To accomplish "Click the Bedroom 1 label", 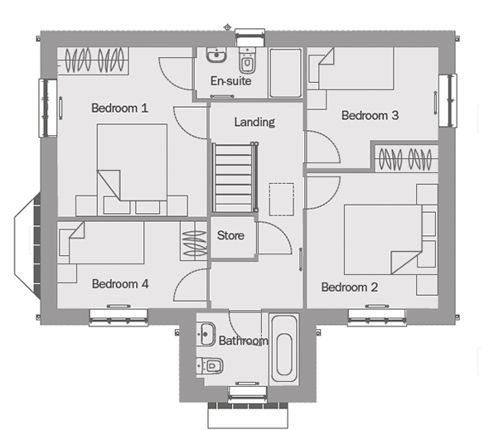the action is [x=119, y=109].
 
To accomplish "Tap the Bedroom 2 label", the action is [x=350, y=287].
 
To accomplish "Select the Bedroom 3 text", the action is [x=370, y=115].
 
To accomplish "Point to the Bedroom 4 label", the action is [x=120, y=284].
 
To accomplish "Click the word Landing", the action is [x=254, y=123].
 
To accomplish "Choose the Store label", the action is [x=230, y=235].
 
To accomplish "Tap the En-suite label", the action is [x=231, y=81].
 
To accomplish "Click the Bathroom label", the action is [x=243, y=341].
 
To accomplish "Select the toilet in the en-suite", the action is [x=247, y=60].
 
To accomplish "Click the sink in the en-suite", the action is [x=216, y=55].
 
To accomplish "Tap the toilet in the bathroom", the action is [x=211, y=365].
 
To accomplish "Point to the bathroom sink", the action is [x=206, y=334].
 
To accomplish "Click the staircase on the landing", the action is [x=235, y=177].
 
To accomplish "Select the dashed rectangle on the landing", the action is [x=282, y=200].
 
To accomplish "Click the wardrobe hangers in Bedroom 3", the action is [x=404, y=159].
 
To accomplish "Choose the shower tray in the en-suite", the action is [x=285, y=72].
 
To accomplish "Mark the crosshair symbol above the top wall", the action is [x=227, y=27].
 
